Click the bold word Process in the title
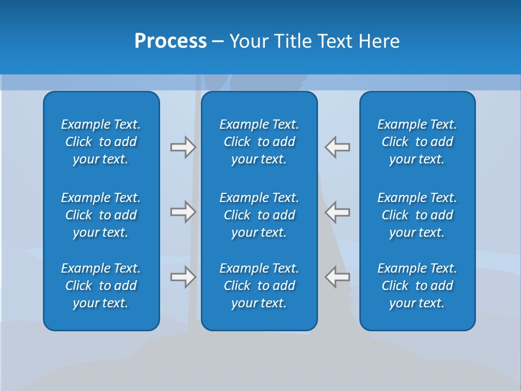[170, 41]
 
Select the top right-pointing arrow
[183, 147]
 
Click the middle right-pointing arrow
[183, 212]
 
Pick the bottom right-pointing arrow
[183, 277]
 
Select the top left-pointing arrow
[338, 147]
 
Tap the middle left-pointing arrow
[338, 212]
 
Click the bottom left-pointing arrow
[338, 277]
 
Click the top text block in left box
[101, 142]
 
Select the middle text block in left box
[101, 215]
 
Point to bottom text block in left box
[101, 286]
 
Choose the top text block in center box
[259, 142]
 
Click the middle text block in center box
[259, 215]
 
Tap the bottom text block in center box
[259, 286]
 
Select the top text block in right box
[417, 142]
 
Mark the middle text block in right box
[417, 215]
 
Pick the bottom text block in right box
[417, 286]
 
